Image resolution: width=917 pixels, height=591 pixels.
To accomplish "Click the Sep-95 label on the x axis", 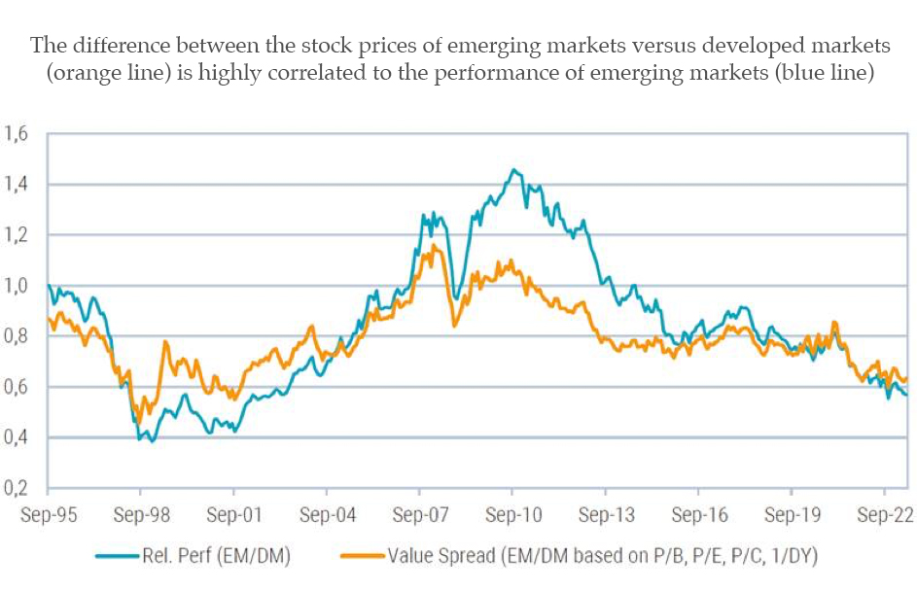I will coord(48,516).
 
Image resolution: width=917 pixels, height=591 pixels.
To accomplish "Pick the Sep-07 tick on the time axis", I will coord(420,516).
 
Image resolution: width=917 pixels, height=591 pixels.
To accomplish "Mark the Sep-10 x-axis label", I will coord(512,516).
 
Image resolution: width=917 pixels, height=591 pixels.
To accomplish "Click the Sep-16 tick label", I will coord(698,516).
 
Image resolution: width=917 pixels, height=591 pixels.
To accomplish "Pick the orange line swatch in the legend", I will coord(363,557).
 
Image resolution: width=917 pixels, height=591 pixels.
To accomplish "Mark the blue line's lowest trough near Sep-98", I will coord(152,441).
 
